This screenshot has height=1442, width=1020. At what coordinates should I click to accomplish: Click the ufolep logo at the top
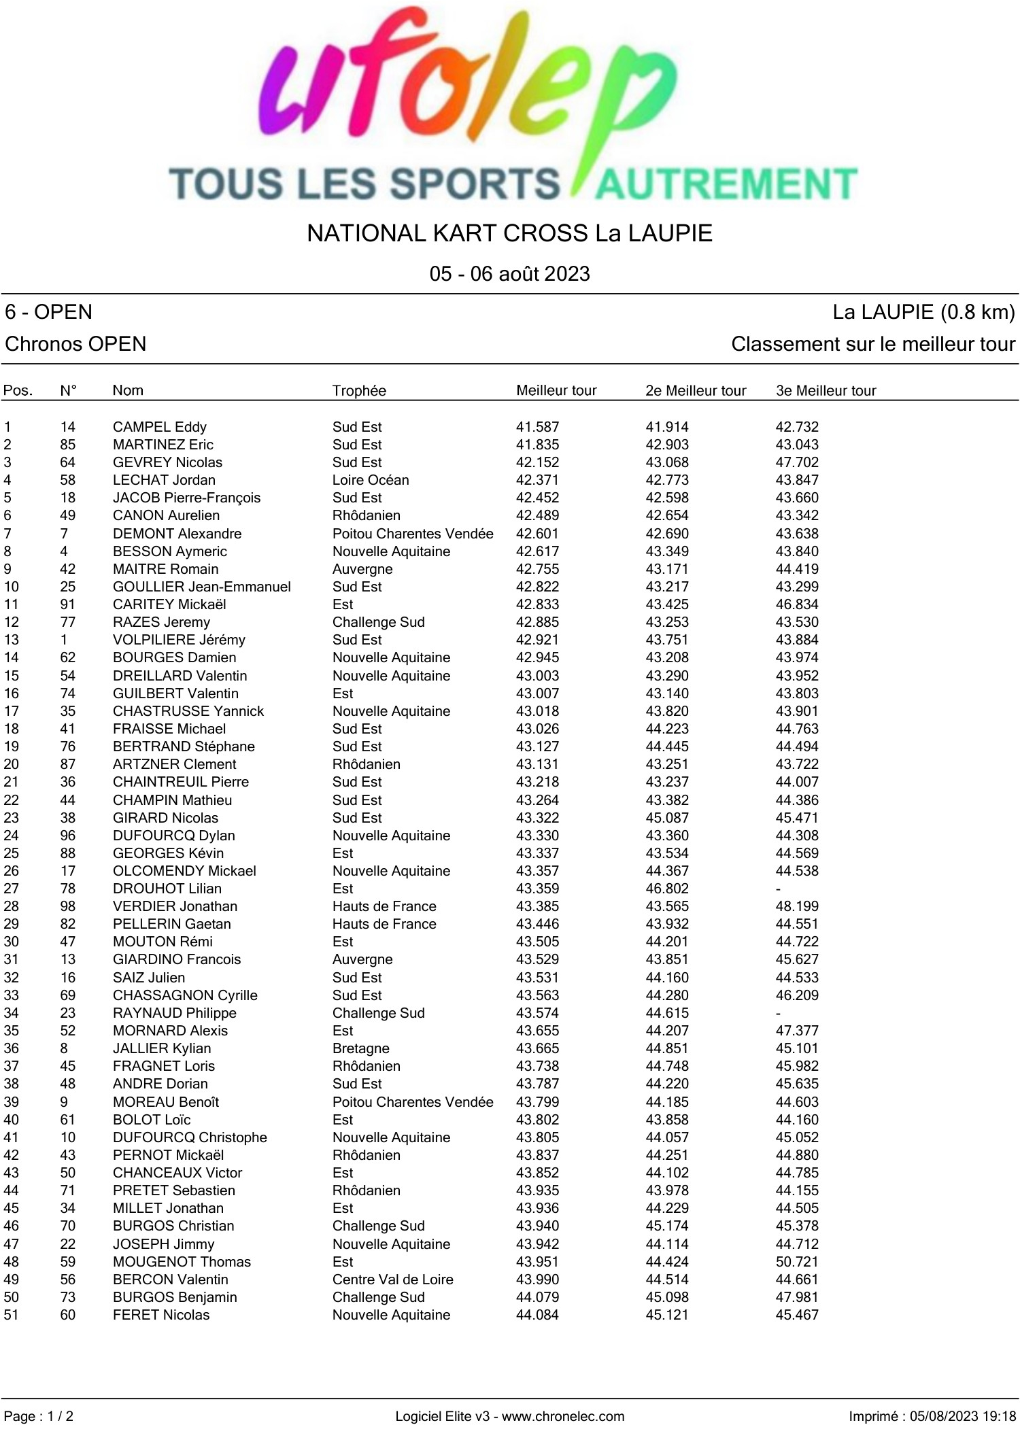point(510,105)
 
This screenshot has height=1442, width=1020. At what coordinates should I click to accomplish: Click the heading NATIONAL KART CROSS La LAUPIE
point(509,233)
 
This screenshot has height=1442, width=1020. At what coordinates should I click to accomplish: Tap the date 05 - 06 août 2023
point(509,274)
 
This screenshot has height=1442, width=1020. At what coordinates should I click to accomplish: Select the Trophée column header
point(359,391)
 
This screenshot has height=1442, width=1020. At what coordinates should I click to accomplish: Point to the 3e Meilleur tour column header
point(826,391)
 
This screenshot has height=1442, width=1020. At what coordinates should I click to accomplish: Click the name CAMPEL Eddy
point(160,427)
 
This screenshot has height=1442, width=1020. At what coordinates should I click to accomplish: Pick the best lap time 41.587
point(537,427)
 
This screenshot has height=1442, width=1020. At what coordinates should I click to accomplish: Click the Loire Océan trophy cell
point(371,480)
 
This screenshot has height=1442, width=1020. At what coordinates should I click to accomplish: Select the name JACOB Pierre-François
point(186,498)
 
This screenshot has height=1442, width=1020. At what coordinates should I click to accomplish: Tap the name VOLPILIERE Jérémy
point(179,640)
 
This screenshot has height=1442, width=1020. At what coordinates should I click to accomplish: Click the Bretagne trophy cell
point(361,1048)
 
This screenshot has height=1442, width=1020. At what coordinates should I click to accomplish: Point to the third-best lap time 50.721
point(797,1262)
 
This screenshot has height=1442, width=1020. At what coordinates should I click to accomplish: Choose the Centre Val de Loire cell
point(392,1280)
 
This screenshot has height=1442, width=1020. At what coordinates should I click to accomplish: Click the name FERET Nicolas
point(161,1315)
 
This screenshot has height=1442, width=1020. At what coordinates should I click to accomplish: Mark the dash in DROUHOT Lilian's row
point(779,889)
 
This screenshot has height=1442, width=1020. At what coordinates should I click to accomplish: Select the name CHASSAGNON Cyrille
point(185,995)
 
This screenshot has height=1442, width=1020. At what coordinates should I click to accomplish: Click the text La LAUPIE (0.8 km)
point(923,312)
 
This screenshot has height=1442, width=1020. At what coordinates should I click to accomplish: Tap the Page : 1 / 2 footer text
point(39,1417)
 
